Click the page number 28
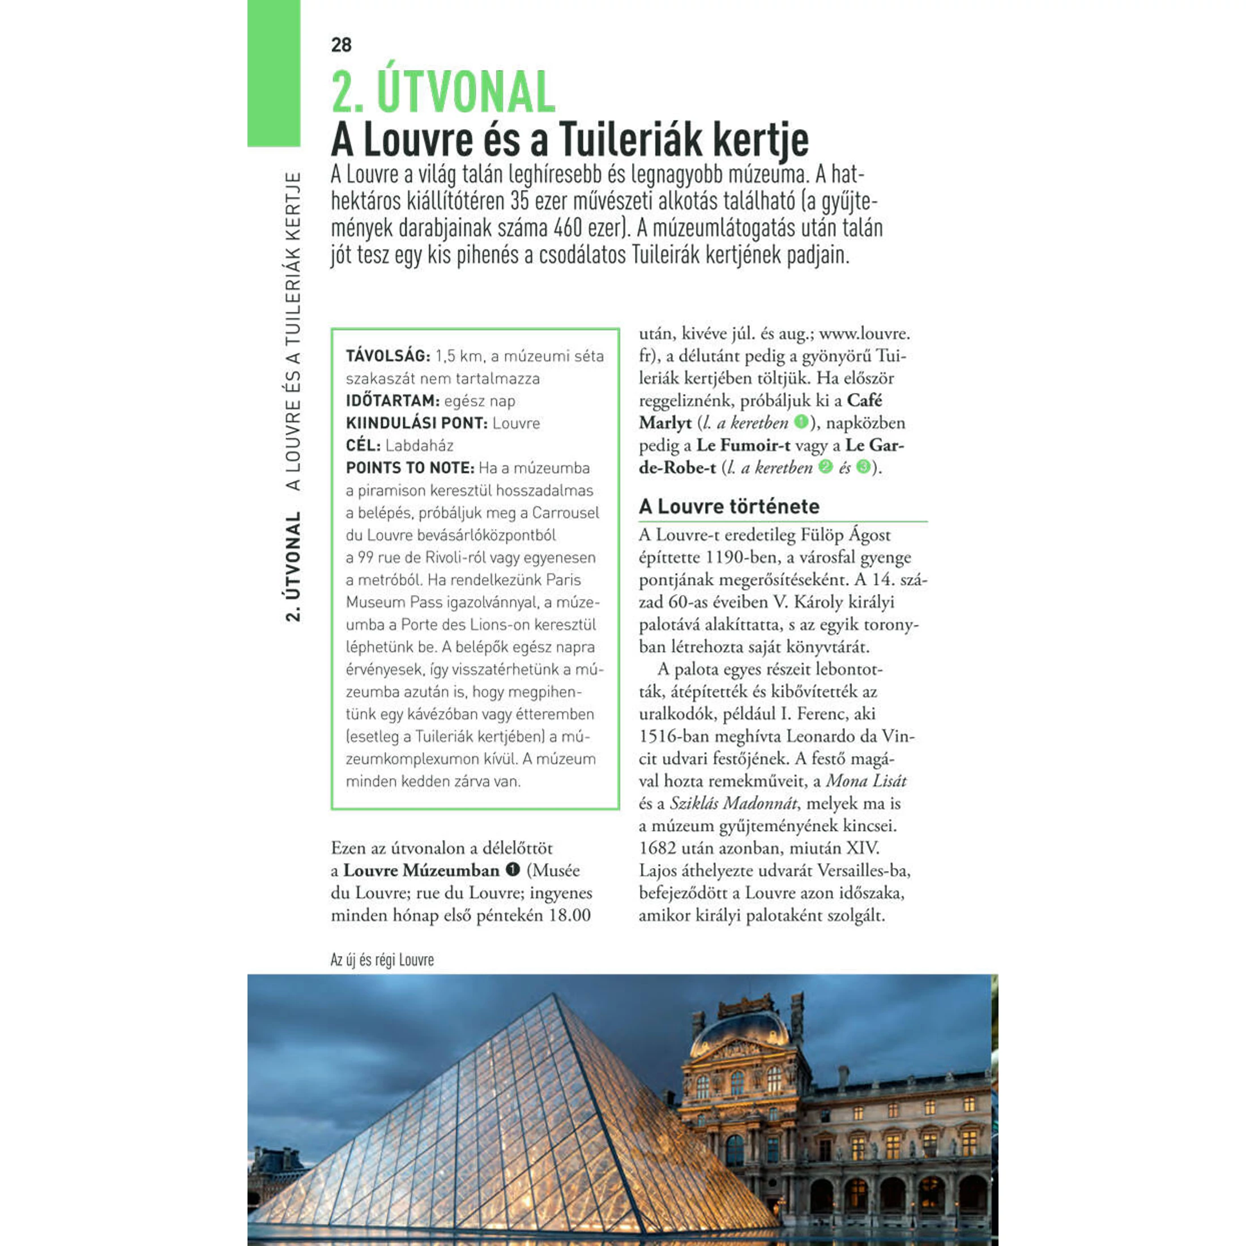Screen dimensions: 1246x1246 (341, 45)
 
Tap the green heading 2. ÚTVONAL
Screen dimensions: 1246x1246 (443, 92)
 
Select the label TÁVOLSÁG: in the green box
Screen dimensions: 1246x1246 (387, 356)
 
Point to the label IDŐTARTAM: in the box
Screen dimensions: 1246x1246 (392, 401)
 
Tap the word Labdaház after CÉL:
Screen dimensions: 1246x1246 (419, 446)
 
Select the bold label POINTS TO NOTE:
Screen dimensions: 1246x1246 (409, 468)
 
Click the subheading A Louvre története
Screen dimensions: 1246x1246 (729, 506)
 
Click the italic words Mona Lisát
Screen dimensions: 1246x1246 (866, 781)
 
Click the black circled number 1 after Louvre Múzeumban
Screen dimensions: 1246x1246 (513, 870)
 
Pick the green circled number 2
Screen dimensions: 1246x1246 (825, 467)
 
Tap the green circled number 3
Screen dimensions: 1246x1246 (863, 467)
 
